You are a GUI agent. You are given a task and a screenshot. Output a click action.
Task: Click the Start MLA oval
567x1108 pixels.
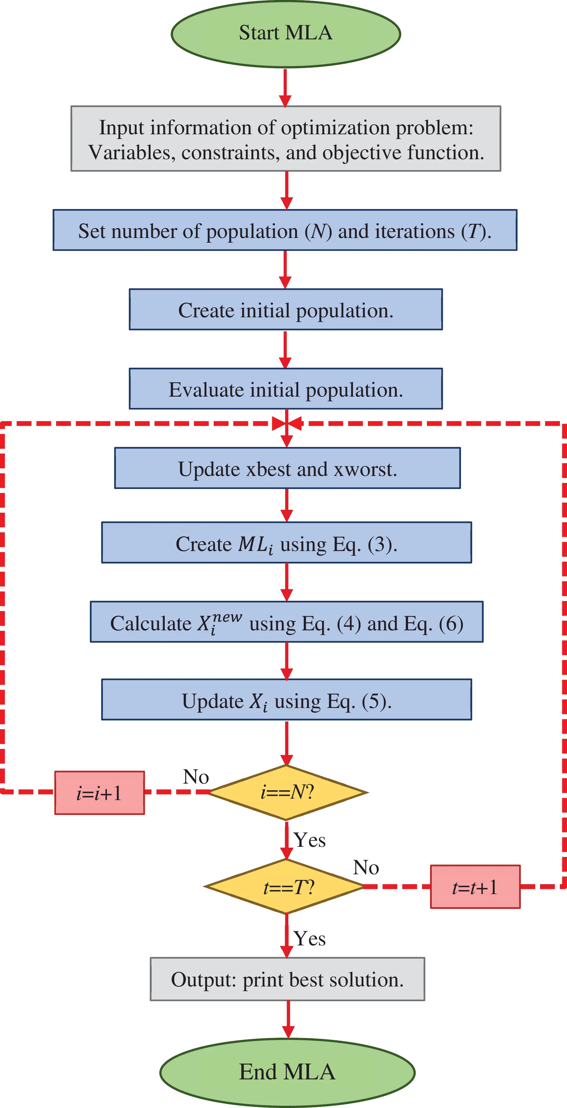click(x=286, y=33)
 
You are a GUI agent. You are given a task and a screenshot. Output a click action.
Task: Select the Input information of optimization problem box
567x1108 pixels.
click(x=286, y=139)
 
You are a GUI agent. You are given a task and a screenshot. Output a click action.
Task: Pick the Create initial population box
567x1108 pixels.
click(x=286, y=310)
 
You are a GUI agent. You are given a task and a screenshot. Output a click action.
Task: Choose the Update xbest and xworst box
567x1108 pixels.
click(x=287, y=468)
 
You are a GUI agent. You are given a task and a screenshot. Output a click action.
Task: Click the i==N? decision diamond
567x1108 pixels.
click(x=287, y=792)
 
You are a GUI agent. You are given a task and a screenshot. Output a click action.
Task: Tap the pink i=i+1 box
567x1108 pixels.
click(x=100, y=793)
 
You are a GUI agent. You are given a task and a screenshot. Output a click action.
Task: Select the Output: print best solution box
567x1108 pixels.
click(x=287, y=979)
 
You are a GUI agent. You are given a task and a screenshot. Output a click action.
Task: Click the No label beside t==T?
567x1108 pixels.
click(x=366, y=867)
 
